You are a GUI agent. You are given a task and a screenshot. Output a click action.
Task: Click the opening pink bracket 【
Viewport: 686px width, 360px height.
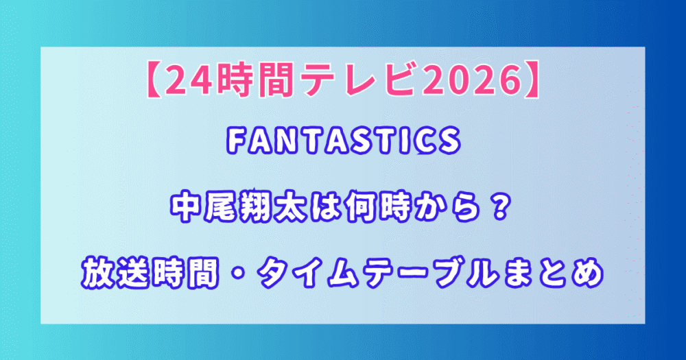pos(154,81)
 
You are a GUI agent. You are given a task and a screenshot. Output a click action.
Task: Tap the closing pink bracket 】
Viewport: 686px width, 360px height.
pos(531,81)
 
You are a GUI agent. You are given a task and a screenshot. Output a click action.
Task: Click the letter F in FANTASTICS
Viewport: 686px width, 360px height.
pos(236,141)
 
